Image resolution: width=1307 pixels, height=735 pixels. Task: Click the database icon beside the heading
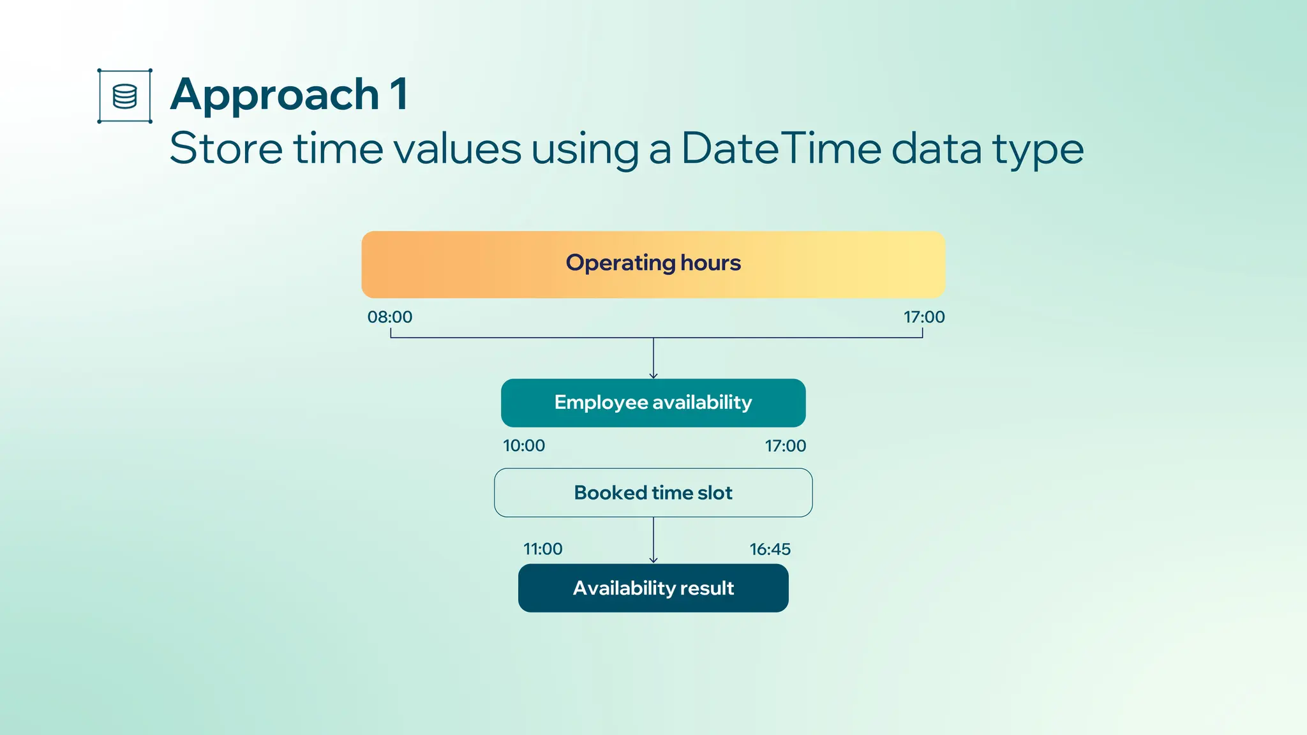tap(124, 96)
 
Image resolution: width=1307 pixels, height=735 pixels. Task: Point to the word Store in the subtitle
tap(226, 148)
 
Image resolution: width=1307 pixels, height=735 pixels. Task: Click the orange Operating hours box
tap(653, 264)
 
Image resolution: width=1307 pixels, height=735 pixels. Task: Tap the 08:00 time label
tap(390, 316)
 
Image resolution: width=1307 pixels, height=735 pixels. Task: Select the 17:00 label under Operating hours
tap(924, 316)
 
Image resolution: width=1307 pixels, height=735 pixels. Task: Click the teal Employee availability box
tap(653, 403)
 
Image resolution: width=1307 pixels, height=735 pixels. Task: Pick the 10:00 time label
tap(524, 445)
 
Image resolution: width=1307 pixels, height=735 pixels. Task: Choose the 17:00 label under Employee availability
tap(786, 445)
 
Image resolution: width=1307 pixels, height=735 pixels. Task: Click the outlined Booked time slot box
tap(653, 493)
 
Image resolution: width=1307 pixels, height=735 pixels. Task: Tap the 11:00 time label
tap(543, 549)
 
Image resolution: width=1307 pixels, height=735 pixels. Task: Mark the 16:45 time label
tap(770, 549)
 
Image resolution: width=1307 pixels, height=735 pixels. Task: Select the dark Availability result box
tap(653, 588)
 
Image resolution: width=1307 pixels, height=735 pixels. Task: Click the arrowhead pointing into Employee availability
tap(653, 376)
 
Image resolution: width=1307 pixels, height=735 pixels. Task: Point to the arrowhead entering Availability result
tap(653, 560)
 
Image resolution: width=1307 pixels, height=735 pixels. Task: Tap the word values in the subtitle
tap(457, 148)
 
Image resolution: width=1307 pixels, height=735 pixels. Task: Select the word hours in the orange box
tap(710, 262)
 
